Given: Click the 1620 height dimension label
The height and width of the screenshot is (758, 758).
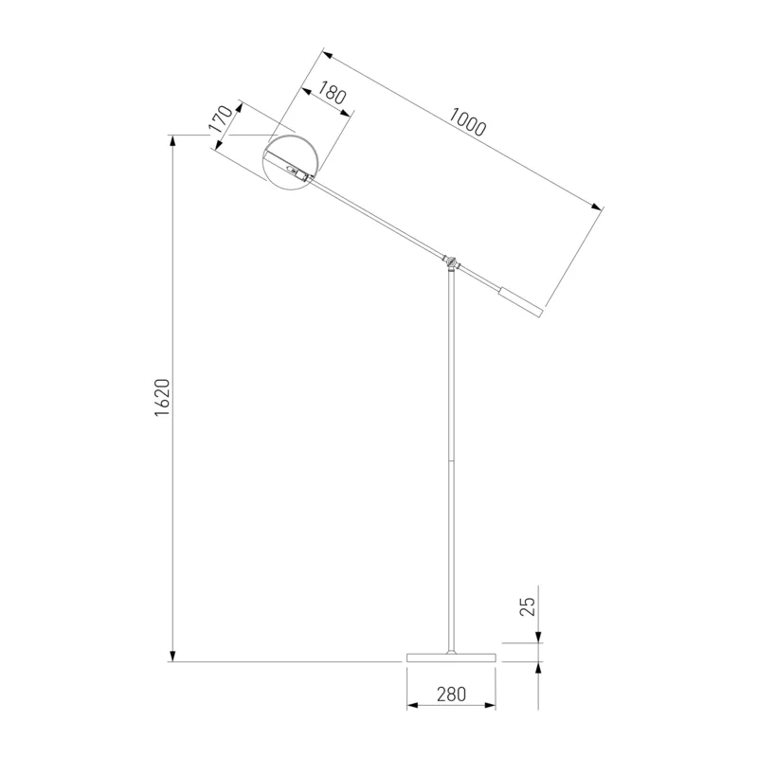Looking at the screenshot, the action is [162, 398].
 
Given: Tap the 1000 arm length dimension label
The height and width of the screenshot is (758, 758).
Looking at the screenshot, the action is [467, 121].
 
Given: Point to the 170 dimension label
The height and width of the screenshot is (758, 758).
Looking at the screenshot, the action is [222, 119].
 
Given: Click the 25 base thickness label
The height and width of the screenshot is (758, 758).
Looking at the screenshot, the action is [528, 606].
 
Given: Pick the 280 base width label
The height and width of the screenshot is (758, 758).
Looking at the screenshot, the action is [451, 695].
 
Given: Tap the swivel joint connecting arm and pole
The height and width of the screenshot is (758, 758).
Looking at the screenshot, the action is [451, 262].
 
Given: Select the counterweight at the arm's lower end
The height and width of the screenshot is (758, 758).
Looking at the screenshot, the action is [521, 302].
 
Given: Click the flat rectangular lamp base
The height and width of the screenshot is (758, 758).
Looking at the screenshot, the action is [451, 658].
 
